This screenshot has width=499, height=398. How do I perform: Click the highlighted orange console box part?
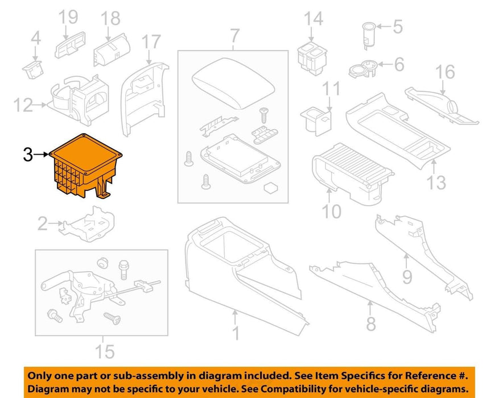point(85,165)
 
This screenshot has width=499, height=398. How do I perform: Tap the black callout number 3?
point(28,155)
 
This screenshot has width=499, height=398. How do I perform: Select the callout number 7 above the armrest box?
point(234,36)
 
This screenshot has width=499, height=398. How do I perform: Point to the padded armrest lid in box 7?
point(233,82)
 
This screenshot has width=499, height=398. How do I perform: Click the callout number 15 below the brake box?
point(105,351)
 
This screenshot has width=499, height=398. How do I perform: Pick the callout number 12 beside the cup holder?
point(23,105)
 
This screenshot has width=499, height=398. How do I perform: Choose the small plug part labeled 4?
point(32,69)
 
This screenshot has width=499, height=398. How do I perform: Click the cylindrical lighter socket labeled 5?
point(369,35)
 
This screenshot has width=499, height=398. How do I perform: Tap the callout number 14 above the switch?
point(314,19)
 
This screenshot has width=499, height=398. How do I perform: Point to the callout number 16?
point(445,72)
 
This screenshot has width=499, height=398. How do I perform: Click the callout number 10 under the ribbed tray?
point(331,211)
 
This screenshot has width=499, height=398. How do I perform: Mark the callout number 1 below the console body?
point(236,333)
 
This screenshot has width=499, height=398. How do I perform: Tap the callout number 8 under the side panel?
point(371,323)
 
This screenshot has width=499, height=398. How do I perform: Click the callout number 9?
point(407,276)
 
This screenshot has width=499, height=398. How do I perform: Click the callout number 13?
point(436,183)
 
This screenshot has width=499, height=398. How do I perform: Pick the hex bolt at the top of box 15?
point(123,270)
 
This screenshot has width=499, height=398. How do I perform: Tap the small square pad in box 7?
point(270,188)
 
